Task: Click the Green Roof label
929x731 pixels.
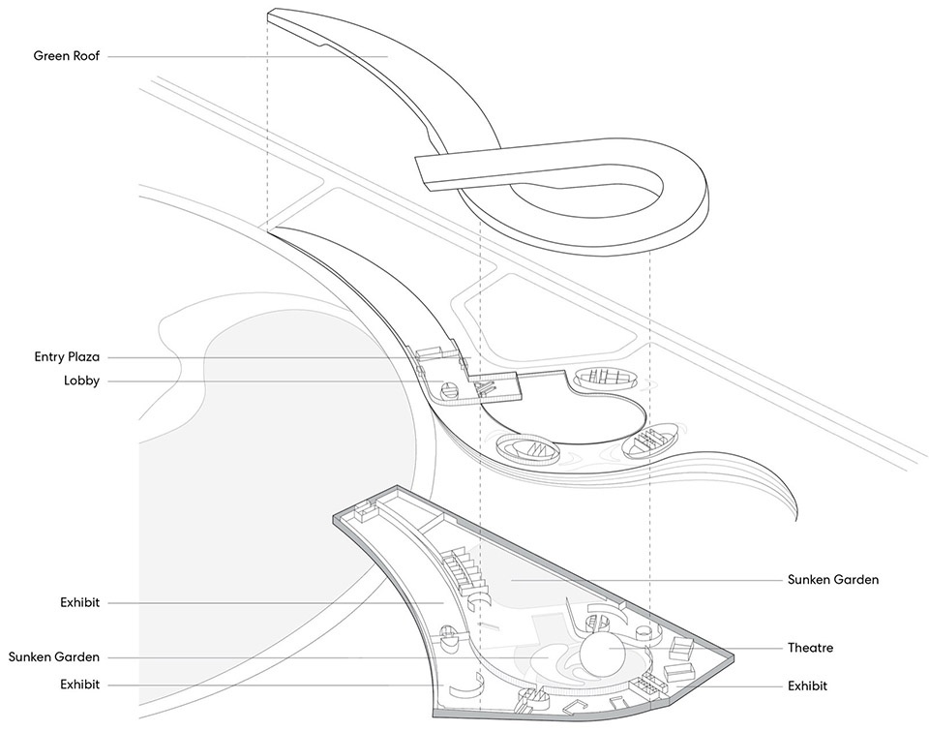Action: [67, 56]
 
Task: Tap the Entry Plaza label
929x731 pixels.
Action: [66, 357]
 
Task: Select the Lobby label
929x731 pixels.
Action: [81, 381]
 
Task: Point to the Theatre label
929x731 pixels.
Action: [810, 648]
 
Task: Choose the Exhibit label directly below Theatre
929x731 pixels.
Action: [808, 685]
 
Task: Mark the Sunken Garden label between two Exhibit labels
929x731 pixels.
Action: [54, 657]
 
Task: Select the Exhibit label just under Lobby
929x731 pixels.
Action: [79, 602]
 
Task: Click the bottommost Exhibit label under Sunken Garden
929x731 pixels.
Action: [79, 685]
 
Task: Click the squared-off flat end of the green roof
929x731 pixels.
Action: [422, 168]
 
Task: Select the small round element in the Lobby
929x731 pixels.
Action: [449, 390]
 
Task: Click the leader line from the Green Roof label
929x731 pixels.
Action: [242, 56]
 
